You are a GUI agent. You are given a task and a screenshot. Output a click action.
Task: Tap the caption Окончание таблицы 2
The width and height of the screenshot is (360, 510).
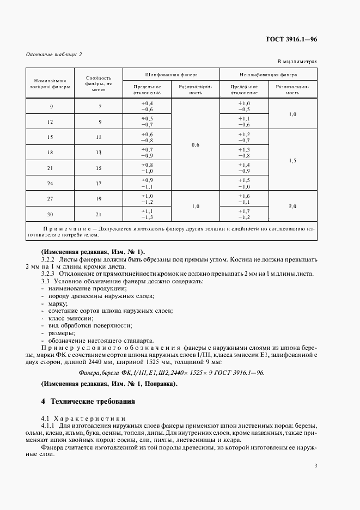click(54, 54)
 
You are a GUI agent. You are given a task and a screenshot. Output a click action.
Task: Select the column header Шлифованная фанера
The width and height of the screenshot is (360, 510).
click(171, 74)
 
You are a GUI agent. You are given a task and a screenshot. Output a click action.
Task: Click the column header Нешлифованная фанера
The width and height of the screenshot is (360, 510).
click(268, 74)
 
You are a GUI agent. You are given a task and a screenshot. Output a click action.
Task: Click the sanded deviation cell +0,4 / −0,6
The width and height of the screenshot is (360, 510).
click(147, 106)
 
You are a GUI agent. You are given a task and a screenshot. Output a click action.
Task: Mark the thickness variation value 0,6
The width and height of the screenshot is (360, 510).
click(196, 144)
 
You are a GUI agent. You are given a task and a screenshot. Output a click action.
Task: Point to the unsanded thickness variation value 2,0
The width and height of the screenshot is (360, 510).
click(292, 205)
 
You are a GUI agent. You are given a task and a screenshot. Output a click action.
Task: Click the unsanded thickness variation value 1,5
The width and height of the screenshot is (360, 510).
click(292, 160)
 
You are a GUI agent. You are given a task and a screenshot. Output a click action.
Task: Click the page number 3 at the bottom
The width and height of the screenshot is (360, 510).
click(316, 465)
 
